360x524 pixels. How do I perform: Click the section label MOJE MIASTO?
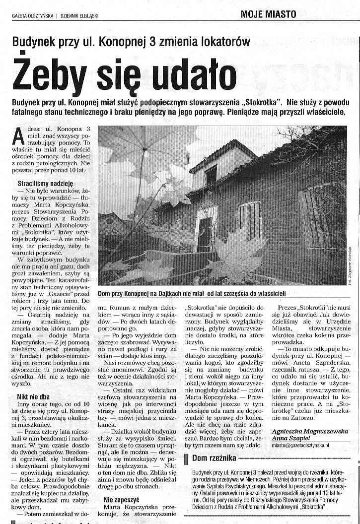(x=268, y=14)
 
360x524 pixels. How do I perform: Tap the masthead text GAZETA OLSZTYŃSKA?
(x=33, y=15)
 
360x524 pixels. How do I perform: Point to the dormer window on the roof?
(x=211, y=174)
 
